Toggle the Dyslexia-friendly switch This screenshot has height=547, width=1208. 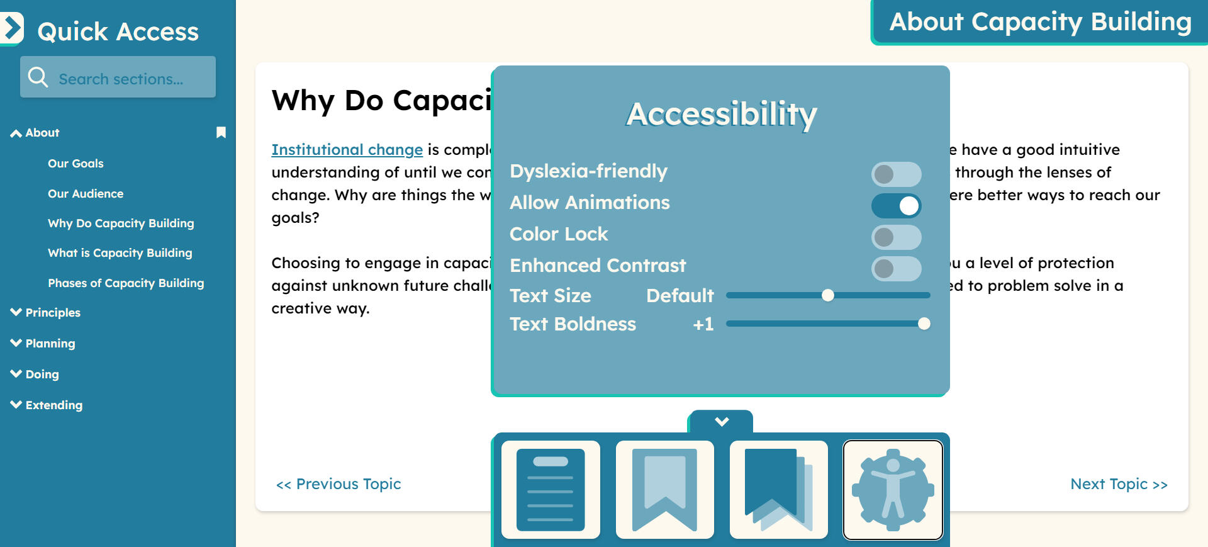pyautogui.click(x=896, y=174)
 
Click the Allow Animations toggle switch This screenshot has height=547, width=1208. pyautogui.click(x=896, y=206)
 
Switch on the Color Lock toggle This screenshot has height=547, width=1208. pyautogui.click(x=896, y=237)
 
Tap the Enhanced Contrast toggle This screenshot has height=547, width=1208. pyautogui.click(x=896, y=269)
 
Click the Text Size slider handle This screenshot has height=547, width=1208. pyautogui.click(x=828, y=295)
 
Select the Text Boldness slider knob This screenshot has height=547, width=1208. pyautogui.click(x=924, y=324)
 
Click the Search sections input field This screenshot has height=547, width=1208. pyautogui.click(x=118, y=77)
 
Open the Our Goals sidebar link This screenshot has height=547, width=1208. pyautogui.click(x=75, y=164)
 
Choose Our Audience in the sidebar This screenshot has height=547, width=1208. pyautogui.click(x=86, y=194)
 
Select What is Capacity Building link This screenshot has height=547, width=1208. pyautogui.click(x=120, y=253)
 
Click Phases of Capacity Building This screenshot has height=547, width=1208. pyautogui.click(x=126, y=283)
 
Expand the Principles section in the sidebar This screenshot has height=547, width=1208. pyautogui.click(x=45, y=313)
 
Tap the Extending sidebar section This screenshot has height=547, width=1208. pyautogui.click(x=47, y=405)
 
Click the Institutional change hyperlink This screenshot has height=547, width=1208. pyautogui.click(x=347, y=150)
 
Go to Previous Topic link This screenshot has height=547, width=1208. pyautogui.click(x=338, y=484)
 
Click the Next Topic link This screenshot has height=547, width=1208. pyautogui.click(x=1119, y=484)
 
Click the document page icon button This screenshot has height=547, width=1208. pyautogui.click(x=551, y=490)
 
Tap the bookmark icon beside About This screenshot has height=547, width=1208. pyautogui.click(x=221, y=132)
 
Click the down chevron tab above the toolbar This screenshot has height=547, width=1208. pyautogui.click(x=722, y=421)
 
